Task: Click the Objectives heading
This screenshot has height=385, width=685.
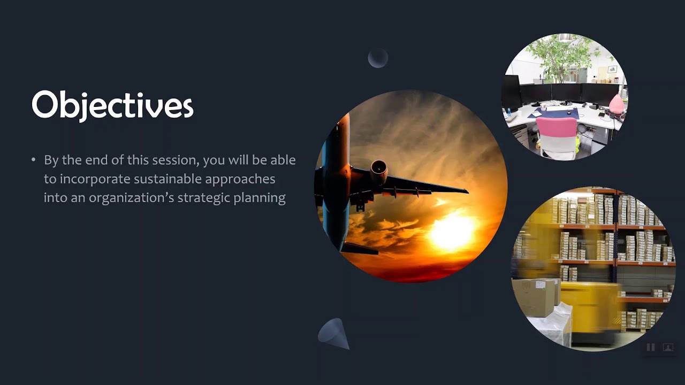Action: (112, 105)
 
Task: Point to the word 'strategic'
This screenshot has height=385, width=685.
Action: (204, 198)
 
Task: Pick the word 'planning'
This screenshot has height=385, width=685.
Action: (260, 198)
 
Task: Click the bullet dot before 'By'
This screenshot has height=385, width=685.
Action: (33, 159)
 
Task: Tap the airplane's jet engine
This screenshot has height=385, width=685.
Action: (379, 172)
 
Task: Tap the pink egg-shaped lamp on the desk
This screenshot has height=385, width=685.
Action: (616, 103)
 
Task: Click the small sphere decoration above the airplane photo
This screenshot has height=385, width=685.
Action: (378, 57)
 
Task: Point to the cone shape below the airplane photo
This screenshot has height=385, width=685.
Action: (334, 334)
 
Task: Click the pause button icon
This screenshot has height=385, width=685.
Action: (650, 347)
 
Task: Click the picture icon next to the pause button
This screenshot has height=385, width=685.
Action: (668, 347)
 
